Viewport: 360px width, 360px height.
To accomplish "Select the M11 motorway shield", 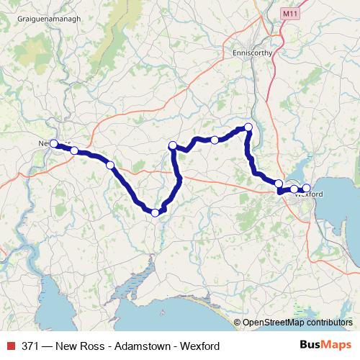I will coord(290,13).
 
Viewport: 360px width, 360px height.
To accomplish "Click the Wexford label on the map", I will coord(307,194).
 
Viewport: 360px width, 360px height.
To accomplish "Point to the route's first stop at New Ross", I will coord(53,143).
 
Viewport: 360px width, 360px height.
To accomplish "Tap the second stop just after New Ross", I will coord(74,150).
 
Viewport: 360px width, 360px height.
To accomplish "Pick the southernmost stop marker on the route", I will coord(155,212).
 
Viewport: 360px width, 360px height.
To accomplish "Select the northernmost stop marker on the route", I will coord(248,127).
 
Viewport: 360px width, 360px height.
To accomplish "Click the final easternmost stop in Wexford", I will coord(306,188).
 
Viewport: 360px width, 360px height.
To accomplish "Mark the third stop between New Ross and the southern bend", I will coord(110,165).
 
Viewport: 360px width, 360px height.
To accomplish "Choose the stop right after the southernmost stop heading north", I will coord(173,146).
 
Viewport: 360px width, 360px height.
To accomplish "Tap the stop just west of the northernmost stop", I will coord(215,140).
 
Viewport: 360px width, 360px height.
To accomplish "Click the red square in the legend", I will coord(10,346).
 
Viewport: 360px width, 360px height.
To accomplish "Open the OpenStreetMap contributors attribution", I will coord(298,323).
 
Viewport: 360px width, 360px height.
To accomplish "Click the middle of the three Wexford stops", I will coord(294,189).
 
